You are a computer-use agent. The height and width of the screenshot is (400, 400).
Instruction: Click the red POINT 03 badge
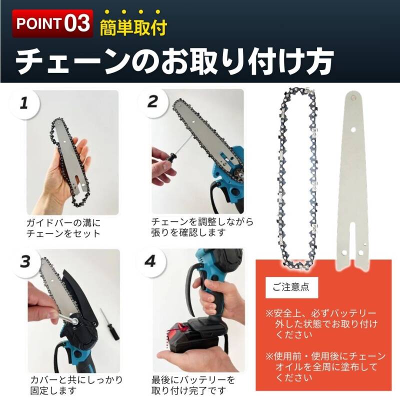(x=52, y=23)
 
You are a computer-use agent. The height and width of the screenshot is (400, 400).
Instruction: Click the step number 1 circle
(x=24, y=104)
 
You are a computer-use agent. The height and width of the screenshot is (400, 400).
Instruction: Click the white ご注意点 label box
(x=291, y=287)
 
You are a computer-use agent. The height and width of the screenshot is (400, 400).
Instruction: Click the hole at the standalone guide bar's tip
(x=353, y=97)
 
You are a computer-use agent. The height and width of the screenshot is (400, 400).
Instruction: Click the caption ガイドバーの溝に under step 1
(x=64, y=223)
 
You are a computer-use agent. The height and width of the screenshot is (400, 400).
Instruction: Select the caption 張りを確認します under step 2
(x=188, y=232)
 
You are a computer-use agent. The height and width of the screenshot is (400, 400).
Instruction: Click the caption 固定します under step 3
(x=53, y=390)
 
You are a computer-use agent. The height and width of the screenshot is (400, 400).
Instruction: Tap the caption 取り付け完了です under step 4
(x=188, y=390)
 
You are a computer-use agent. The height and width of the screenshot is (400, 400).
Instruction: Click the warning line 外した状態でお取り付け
(x=326, y=324)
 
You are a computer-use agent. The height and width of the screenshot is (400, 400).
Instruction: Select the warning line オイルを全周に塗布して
(x=326, y=367)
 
